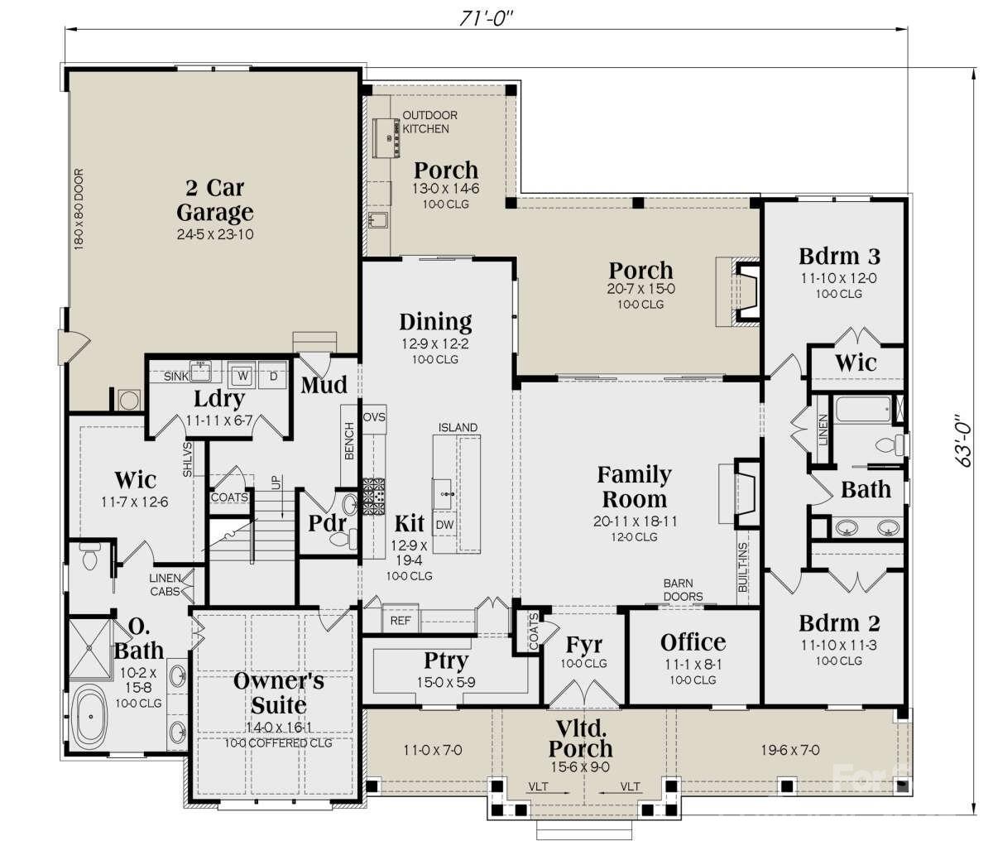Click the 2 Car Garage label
[214, 199]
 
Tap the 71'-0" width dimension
[487, 17]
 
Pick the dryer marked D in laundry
[273, 375]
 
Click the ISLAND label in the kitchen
[458, 428]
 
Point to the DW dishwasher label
[444, 524]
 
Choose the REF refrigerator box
[401, 620]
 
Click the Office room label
[693, 642]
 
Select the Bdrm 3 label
[839, 255]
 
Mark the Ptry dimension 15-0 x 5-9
[447, 681]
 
